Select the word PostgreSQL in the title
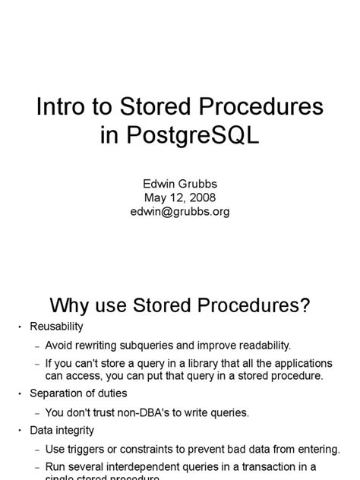click(198, 136)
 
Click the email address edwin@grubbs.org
click(180, 212)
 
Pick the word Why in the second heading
click(70, 305)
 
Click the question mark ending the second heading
click(304, 305)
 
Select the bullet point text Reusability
click(56, 327)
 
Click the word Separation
click(57, 393)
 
